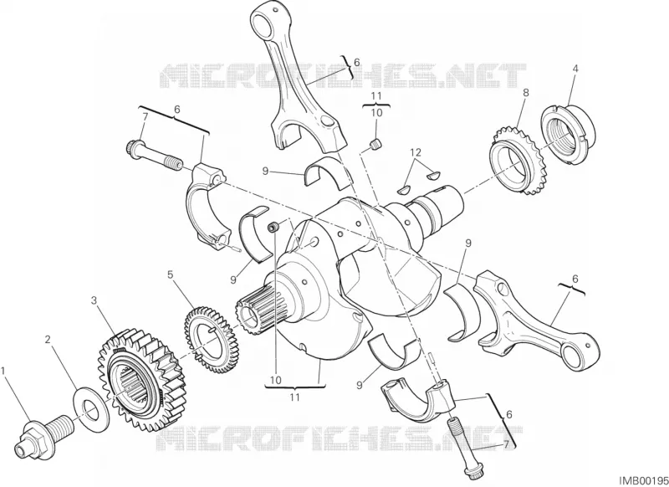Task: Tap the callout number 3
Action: [x=94, y=301]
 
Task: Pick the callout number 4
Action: [x=575, y=68]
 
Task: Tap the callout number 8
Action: [x=526, y=92]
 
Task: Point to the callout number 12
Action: [x=416, y=152]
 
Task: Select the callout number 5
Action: [x=171, y=274]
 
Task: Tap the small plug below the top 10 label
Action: [x=375, y=145]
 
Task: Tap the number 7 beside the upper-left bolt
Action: [x=145, y=116]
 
